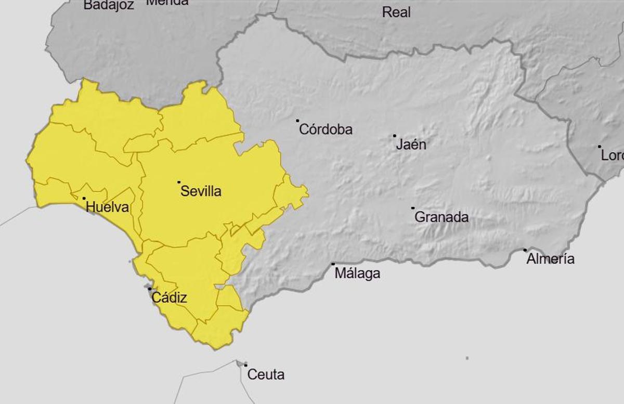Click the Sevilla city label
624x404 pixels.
[201, 191]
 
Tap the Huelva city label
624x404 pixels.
[107, 207]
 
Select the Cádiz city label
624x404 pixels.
[169, 298]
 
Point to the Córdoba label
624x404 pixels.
[326, 129]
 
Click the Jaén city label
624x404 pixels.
[411, 145]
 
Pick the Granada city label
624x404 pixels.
[441, 217]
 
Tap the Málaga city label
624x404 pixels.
[357, 273]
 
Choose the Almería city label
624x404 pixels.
[550, 259]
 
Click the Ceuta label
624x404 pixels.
[266, 374]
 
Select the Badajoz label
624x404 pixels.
[109, 5]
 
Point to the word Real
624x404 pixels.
[396, 12]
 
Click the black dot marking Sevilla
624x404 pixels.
[179, 182]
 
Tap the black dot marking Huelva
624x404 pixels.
[84, 198]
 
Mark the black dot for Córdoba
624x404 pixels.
[298, 121]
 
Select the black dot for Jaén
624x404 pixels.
[395, 136]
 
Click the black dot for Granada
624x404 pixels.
[413, 208]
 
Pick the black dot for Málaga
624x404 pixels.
[333, 264]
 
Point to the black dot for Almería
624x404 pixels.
[525, 250]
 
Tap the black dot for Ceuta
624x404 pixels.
[245, 365]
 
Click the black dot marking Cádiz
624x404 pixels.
[150, 289]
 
